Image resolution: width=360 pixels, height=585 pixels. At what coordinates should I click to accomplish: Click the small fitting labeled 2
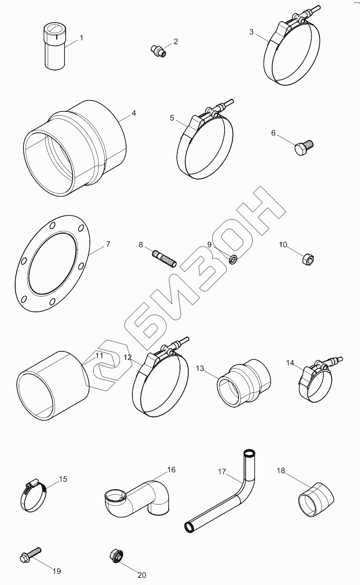159,51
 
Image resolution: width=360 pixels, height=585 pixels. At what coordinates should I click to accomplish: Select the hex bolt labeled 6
304,147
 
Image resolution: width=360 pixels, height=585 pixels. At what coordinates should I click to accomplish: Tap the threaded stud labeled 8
164,259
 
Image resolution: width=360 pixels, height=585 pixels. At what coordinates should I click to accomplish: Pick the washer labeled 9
233,259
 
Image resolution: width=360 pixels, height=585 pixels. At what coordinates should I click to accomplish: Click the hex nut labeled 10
308,259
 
